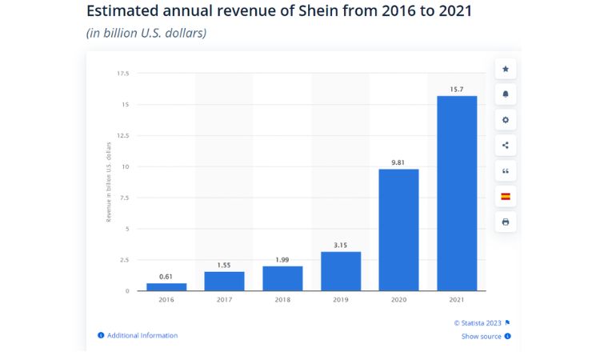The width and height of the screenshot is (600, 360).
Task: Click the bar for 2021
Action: click(457, 193)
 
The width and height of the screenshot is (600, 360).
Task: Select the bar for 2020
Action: click(398, 230)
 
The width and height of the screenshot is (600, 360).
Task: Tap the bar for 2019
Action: click(340, 271)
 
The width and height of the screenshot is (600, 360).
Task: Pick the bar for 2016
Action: click(166, 286)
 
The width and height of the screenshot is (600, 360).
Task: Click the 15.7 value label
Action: click(457, 89)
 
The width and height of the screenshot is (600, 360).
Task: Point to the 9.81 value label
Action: click(398, 162)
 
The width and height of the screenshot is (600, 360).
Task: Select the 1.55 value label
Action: click(224, 265)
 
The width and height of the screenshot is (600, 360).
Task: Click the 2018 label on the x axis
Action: click(282, 299)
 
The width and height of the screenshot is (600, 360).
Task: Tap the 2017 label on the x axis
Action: click(224, 299)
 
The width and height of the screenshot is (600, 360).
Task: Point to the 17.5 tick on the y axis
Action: click(122, 74)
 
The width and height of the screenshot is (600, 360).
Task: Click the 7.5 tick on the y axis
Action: click(124, 198)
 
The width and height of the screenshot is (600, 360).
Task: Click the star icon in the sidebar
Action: click(505, 69)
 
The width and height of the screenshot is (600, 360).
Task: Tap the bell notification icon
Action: click(505, 94)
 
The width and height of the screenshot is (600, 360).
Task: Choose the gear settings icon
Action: click(505, 120)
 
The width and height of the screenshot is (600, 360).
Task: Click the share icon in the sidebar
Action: click(505, 146)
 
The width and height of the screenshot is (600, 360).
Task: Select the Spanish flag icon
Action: click(505, 196)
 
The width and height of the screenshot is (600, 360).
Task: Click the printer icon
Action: click(505, 222)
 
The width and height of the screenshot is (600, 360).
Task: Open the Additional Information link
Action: click(142, 335)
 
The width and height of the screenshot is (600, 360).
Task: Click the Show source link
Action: click(482, 337)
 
